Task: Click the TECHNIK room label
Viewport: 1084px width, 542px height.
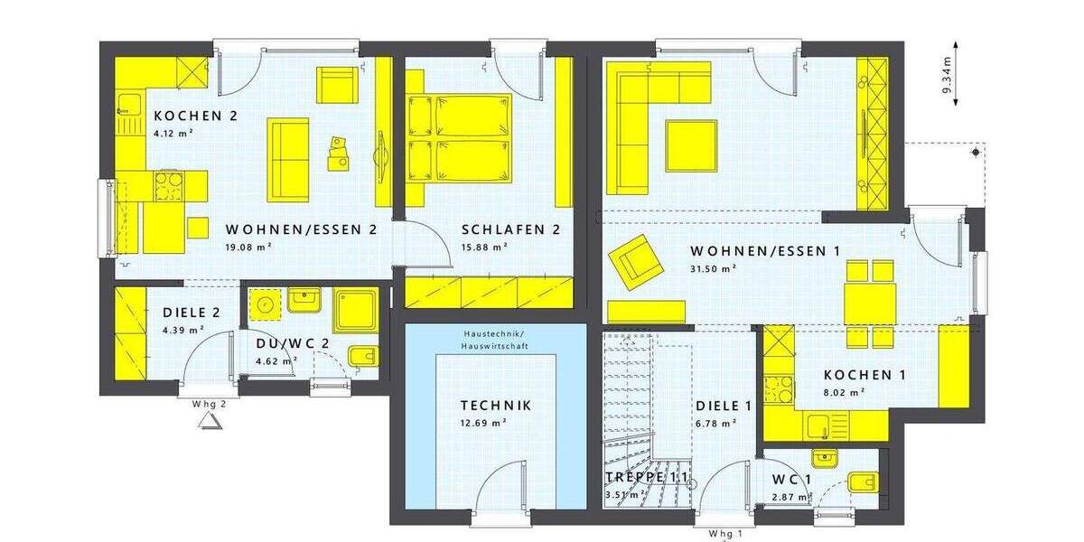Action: [495, 406]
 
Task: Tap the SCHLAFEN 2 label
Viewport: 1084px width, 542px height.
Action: [509, 229]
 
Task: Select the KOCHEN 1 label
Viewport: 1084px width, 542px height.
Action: [864, 375]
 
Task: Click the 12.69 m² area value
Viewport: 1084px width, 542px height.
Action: [483, 422]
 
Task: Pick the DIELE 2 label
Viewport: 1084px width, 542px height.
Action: [192, 313]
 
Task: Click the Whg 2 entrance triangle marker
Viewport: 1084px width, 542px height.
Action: [210, 422]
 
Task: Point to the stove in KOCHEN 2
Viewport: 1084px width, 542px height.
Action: [168, 188]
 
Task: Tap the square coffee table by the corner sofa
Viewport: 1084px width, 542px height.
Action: [691, 145]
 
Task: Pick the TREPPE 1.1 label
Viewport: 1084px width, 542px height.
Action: [646, 477]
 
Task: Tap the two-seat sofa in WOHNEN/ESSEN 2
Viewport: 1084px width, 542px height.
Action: [288, 159]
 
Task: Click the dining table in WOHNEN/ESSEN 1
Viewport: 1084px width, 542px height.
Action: [870, 304]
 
